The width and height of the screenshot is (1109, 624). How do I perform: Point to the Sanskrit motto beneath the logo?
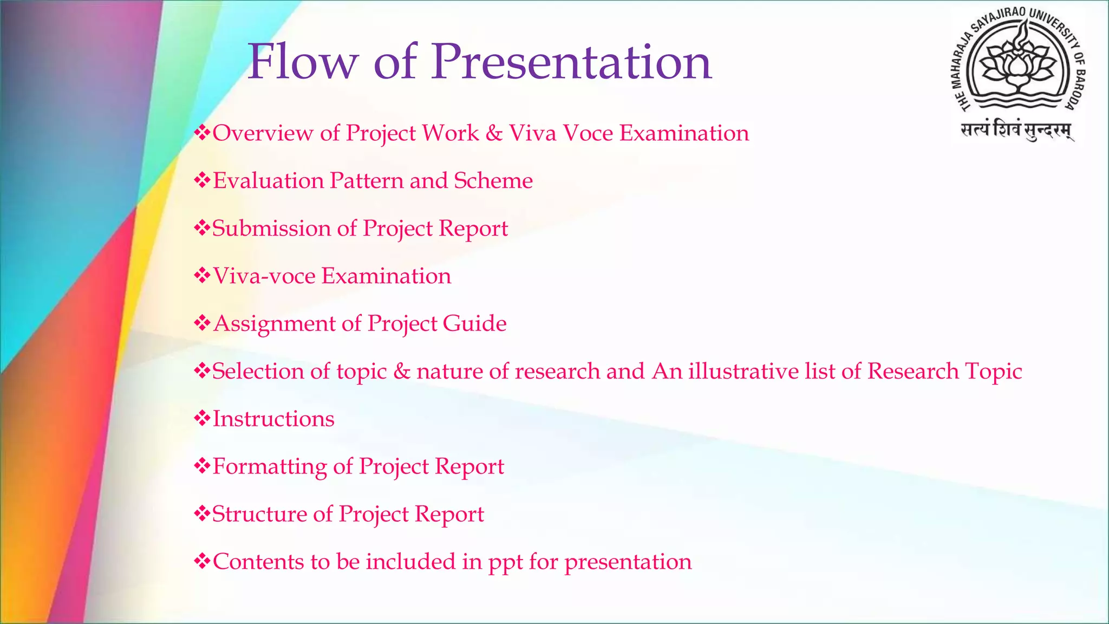click(1016, 131)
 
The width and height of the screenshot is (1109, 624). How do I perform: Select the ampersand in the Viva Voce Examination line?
click(494, 133)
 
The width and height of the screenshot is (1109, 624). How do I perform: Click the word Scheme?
click(493, 181)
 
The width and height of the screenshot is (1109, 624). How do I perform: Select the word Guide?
click(474, 324)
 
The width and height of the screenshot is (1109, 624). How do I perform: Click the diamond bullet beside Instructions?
click(202, 418)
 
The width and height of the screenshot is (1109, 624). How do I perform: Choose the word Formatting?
click(269, 467)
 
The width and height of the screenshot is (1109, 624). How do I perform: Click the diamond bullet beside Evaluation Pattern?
click(202, 180)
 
